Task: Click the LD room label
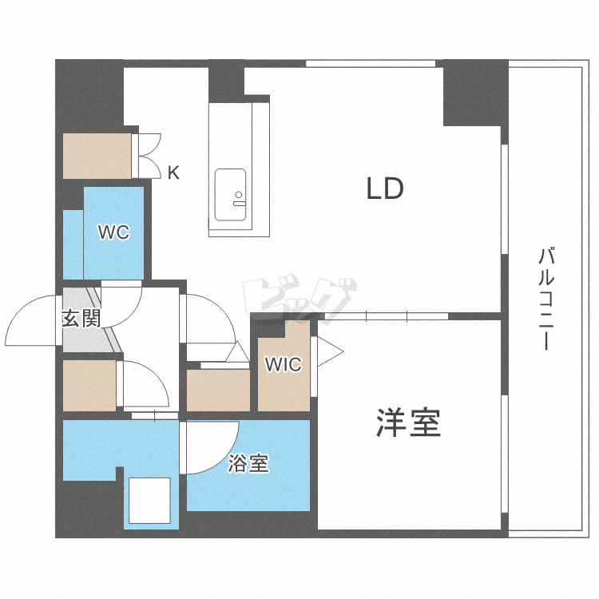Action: (385, 189)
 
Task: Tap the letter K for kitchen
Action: (173, 173)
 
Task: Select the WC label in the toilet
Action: (113, 232)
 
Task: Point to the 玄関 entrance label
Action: (81, 319)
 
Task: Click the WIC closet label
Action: (284, 365)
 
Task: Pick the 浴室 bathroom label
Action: (248, 463)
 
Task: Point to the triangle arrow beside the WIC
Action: (330, 350)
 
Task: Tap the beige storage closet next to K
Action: (97, 157)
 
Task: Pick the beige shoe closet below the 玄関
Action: (89, 386)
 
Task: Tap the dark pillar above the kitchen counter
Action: (227, 82)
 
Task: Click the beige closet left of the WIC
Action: (218, 391)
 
